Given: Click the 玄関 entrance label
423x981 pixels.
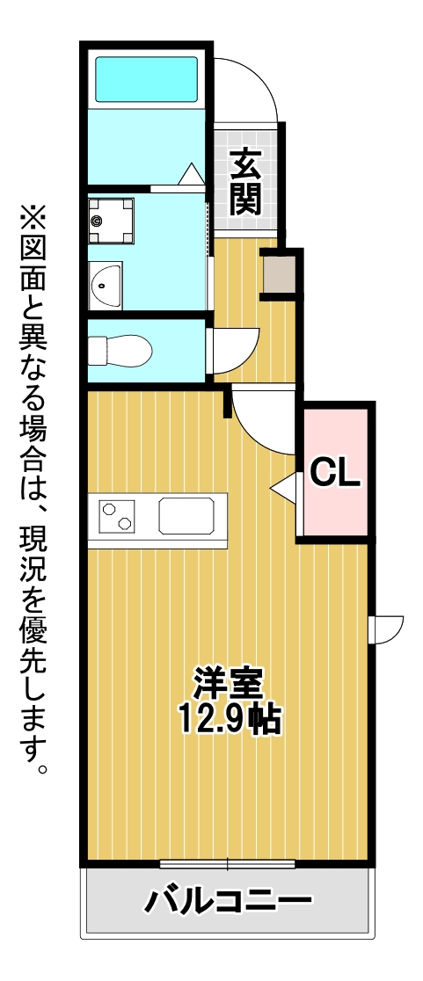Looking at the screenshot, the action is pyautogui.click(x=244, y=183).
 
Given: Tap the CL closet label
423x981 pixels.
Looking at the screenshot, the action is pyautogui.click(x=335, y=474).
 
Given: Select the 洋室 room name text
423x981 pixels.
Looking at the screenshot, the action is pyautogui.click(x=227, y=685).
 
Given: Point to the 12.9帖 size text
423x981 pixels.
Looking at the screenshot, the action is pyautogui.click(x=228, y=719).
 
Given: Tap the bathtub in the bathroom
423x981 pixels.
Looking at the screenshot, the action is pyautogui.click(x=146, y=79).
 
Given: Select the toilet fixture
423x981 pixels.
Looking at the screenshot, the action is pyautogui.click(x=120, y=351).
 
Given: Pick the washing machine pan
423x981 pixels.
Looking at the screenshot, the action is pyautogui.click(x=111, y=222).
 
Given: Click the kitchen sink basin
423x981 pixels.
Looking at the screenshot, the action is pyautogui.click(x=186, y=515).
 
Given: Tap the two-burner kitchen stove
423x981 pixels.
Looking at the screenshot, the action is pyautogui.click(x=117, y=515).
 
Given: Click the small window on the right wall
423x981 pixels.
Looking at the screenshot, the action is pyautogui.click(x=386, y=629).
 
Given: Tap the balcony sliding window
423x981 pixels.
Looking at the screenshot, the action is pyautogui.click(x=227, y=865).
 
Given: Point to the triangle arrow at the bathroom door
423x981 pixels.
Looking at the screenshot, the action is pyautogui.click(x=192, y=173).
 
